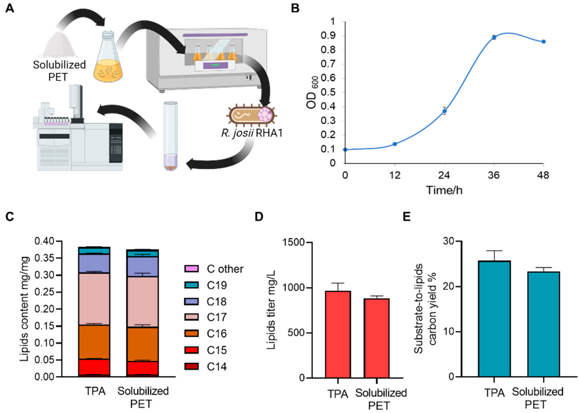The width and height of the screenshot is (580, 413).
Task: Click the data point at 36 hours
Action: pyautogui.click(x=494, y=37)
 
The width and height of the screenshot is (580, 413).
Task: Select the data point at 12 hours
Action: pyautogui.click(x=395, y=144)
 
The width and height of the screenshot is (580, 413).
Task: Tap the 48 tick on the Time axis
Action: pyautogui.click(x=543, y=175)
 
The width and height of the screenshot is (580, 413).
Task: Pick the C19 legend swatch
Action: pyautogui.click(x=191, y=285)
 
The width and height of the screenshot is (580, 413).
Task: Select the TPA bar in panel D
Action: pyautogui.click(x=338, y=334)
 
